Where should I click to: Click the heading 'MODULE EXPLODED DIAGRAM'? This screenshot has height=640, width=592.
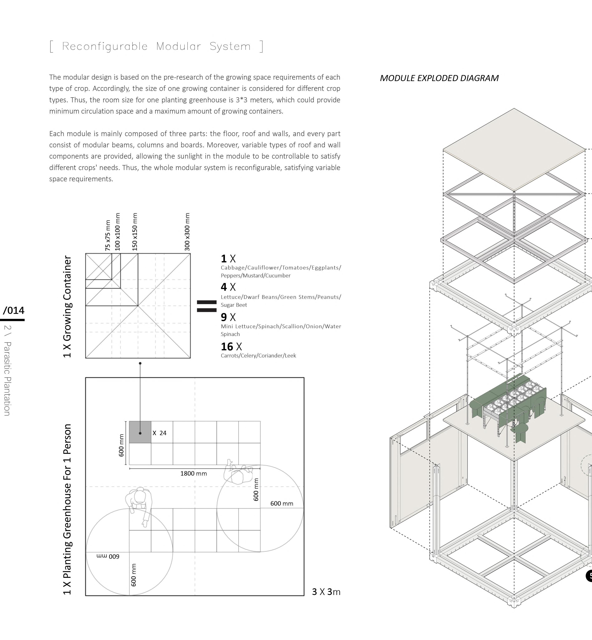click(x=439, y=78)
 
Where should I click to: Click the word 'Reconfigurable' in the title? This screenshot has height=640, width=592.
click(x=105, y=46)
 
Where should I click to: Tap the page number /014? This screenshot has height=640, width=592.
click(x=14, y=310)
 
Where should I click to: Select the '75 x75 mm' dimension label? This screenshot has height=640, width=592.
click(x=108, y=235)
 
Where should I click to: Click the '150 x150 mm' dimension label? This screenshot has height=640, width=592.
click(x=135, y=232)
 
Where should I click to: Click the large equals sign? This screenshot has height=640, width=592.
click(x=207, y=306)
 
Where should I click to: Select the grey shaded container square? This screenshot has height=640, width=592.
click(x=140, y=432)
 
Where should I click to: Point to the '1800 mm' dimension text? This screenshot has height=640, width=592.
click(x=194, y=473)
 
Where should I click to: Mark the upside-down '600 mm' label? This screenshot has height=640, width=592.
click(x=108, y=556)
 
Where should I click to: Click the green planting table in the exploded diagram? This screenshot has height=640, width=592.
click(x=509, y=407)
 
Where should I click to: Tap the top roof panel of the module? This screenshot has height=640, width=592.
click(x=514, y=144)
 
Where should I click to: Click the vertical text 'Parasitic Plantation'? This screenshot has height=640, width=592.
click(x=7, y=379)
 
